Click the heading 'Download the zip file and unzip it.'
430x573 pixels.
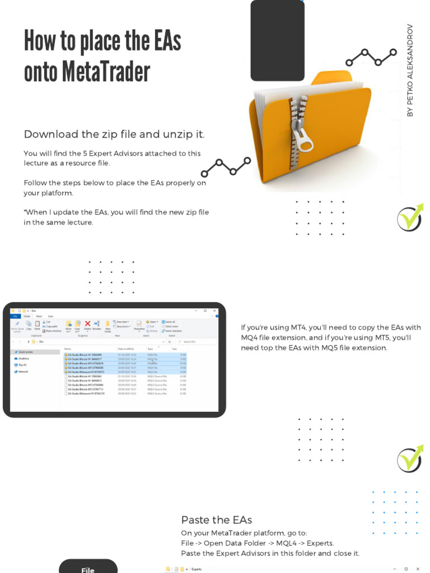point(114,134)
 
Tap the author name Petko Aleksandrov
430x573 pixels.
point(410,70)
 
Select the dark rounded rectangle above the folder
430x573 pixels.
point(277,40)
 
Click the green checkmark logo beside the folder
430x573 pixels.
point(410,218)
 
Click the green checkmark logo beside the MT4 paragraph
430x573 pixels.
point(410,459)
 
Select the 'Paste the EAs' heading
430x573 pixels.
point(216,520)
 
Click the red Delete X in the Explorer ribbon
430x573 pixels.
point(87,324)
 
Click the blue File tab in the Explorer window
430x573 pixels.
point(16,316)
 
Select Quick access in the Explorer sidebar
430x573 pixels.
point(26,352)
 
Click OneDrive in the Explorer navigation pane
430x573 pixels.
point(24,358)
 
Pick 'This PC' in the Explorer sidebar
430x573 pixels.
point(22,365)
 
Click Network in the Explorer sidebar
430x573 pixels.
point(23,372)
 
